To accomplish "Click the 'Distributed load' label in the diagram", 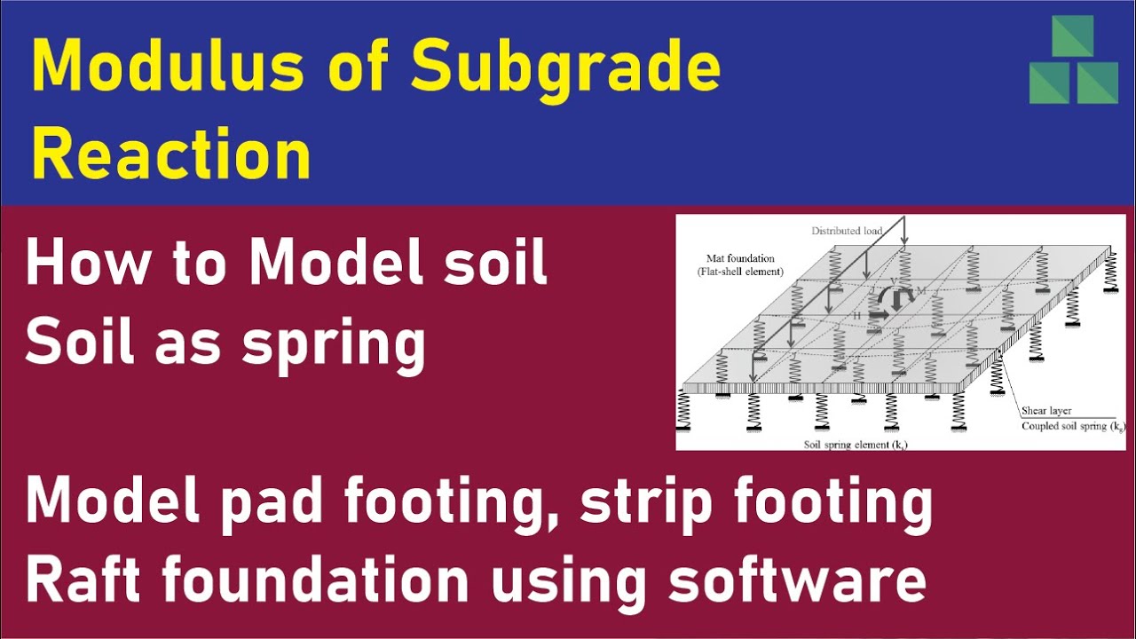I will (x=846, y=231).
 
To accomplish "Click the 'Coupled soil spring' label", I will (x=1072, y=426).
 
